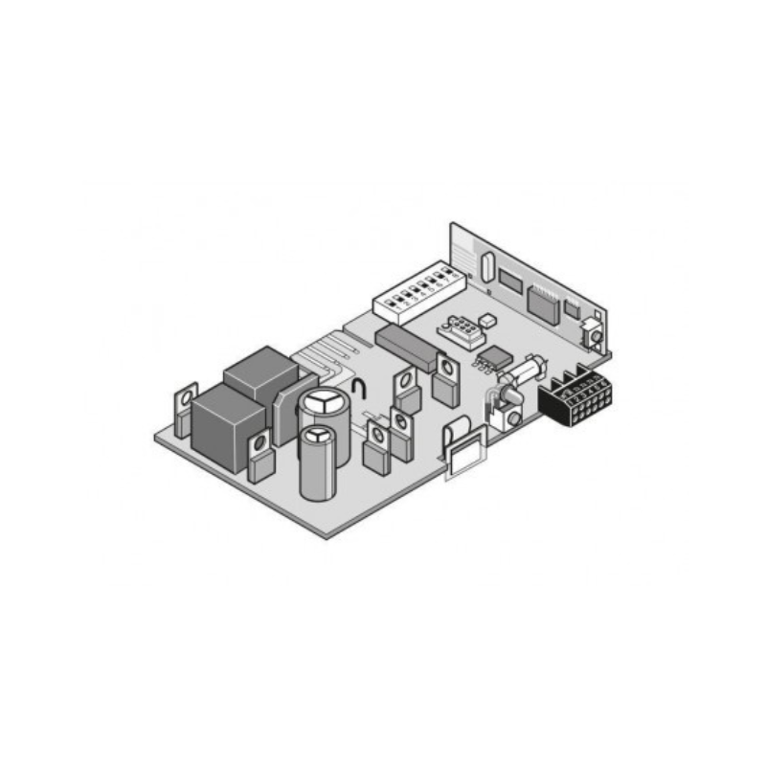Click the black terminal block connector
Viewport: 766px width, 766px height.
point(574,397)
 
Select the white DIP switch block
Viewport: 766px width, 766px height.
point(415,295)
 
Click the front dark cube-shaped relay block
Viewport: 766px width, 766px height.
point(226,426)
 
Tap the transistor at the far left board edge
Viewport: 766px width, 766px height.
point(185,409)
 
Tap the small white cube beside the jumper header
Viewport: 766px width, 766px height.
point(486,322)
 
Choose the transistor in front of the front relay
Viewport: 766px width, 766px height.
point(260,457)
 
